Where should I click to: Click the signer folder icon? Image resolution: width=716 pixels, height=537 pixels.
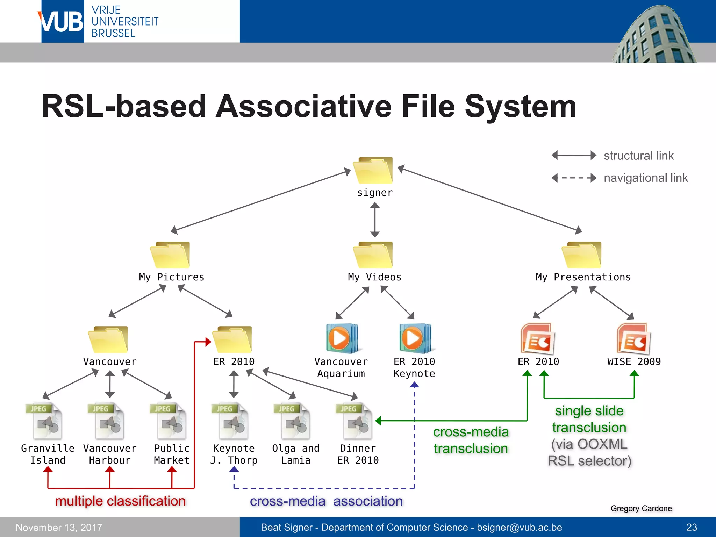[373, 171]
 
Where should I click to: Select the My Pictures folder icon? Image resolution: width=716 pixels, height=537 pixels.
[170, 255]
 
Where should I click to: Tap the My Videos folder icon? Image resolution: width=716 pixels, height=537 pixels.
[373, 255]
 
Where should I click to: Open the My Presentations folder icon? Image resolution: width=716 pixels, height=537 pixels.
[582, 255]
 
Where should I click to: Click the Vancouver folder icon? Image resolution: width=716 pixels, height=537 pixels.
[108, 339]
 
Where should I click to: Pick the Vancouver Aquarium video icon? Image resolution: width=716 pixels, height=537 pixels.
[342, 338]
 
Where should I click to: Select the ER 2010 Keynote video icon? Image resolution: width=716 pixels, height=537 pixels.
[415, 338]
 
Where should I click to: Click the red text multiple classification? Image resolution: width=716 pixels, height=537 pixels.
[120, 501]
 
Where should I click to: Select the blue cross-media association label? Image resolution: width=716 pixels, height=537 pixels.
[326, 501]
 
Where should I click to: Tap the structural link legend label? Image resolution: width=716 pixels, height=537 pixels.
[638, 156]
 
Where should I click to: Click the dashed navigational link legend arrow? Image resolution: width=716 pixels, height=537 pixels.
[574, 178]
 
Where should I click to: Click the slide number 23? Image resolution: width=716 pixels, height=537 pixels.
[691, 527]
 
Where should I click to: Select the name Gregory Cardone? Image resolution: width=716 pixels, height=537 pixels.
[641, 508]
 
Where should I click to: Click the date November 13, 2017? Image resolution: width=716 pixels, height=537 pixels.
[59, 527]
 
